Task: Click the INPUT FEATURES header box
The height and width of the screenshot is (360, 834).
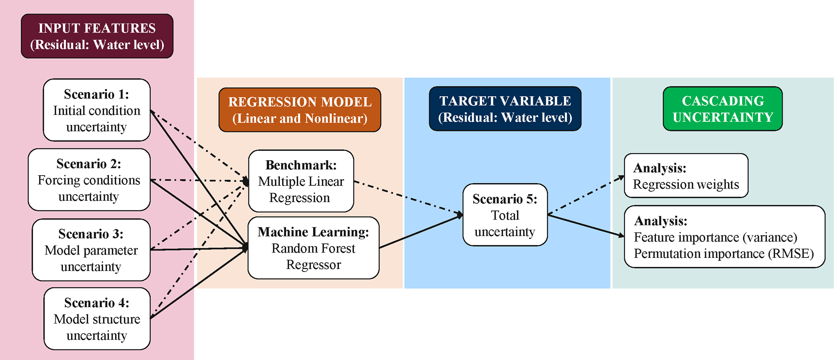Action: (97, 36)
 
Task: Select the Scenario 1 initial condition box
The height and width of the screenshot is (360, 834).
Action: (97, 110)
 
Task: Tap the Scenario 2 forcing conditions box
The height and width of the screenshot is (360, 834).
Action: (89, 180)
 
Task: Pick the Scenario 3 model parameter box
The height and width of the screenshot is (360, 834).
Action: (91, 250)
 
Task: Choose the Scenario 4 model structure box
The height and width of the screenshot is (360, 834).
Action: (97, 319)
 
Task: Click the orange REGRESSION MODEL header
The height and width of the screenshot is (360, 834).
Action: (300, 110)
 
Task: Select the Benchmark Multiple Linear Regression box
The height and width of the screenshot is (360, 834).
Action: (301, 181)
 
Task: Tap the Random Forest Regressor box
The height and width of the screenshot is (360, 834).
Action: (314, 248)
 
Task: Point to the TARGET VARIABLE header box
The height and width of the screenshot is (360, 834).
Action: (505, 109)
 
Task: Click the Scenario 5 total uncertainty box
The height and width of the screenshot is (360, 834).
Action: (505, 215)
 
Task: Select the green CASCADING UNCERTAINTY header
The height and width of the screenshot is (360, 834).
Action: (723, 109)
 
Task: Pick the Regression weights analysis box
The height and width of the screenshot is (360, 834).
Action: (686, 176)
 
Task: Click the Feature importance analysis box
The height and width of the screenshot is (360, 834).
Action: (724, 237)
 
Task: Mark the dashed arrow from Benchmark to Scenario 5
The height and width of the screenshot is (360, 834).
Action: (408, 197)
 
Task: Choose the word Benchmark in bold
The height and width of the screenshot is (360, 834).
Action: (301, 165)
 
